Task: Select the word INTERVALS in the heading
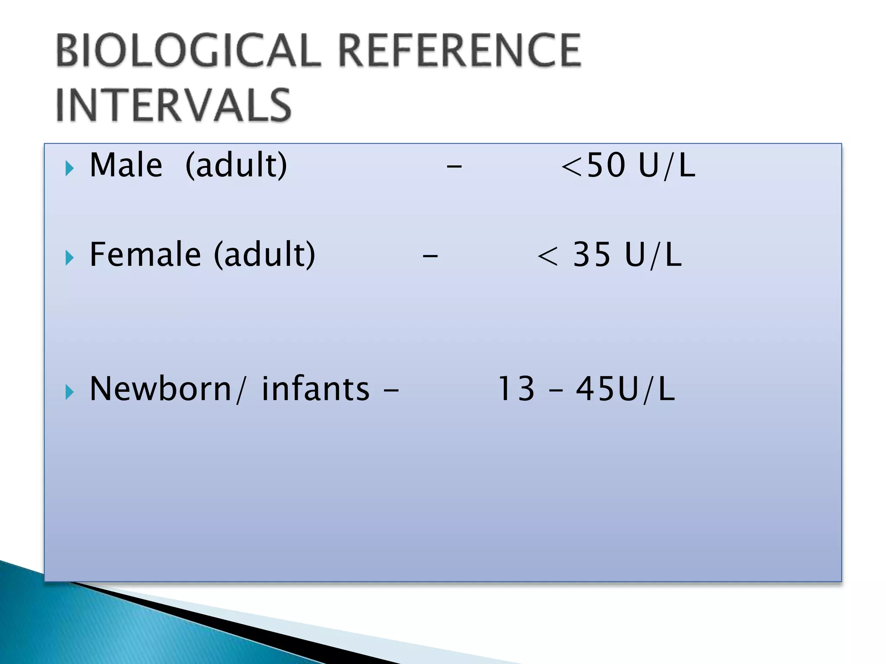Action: tap(173, 105)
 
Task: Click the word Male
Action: tap(126, 166)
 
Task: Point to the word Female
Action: tap(145, 255)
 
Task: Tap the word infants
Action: tap(315, 389)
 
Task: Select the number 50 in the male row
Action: tap(606, 166)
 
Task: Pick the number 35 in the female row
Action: tap(592, 255)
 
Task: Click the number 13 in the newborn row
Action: tap(516, 389)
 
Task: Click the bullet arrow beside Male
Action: tap(70, 168)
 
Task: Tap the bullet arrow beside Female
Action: tap(70, 258)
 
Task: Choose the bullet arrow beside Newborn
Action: tap(70, 392)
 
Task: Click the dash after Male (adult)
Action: tap(454, 166)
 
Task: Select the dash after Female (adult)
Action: tap(430, 255)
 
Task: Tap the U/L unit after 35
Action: tap(653, 255)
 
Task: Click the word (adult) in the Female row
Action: tap(265, 255)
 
